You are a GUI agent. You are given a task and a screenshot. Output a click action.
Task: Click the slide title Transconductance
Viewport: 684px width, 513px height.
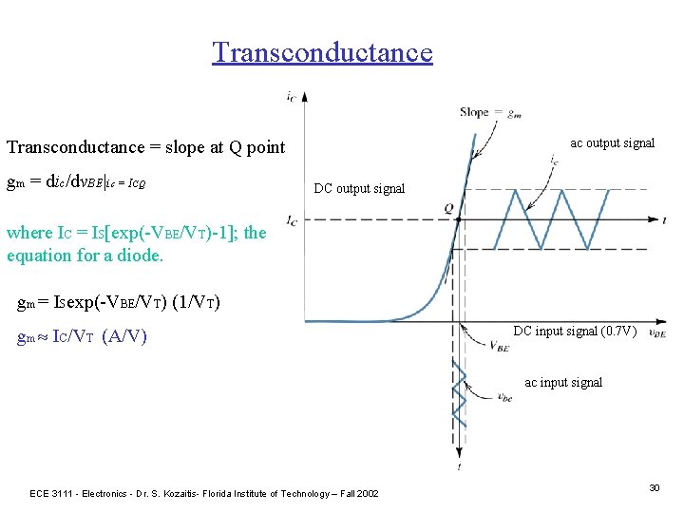pos(322,51)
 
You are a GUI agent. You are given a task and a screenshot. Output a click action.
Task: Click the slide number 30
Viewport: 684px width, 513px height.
pos(654,487)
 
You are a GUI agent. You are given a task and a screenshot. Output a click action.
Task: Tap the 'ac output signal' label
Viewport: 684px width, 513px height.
pos(612,143)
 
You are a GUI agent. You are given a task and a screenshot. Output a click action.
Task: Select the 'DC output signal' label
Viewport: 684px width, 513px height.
pos(359,188)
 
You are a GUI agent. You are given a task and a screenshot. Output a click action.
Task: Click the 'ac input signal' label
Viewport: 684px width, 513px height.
pos(563,383)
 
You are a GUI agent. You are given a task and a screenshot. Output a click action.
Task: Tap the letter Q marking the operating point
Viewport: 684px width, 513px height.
pos(448,208)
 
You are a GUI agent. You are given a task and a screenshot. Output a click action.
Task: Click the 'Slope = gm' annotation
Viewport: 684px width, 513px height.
pos(488,112)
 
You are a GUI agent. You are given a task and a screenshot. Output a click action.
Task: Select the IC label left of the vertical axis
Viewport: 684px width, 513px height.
pos(292,222)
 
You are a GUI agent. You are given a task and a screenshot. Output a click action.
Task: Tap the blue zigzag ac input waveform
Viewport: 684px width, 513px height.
pos(461,391)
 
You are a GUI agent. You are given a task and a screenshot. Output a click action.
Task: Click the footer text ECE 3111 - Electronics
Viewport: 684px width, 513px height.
pos(204,493)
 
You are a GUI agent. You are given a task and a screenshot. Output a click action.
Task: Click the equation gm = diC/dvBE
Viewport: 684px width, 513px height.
pos(75,181)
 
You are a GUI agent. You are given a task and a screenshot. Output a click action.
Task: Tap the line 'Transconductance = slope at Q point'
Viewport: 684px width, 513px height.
pos(145,147)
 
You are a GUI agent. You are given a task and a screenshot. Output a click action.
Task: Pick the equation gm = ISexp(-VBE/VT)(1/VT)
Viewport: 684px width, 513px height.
pos(120,303)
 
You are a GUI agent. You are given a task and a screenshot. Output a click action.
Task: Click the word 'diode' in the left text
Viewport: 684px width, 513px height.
pos(142,255)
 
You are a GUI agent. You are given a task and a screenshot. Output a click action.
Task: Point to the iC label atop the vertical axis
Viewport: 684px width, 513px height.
pos(289,95)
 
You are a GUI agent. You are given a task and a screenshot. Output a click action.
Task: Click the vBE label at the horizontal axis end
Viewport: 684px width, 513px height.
pos(656,334)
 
